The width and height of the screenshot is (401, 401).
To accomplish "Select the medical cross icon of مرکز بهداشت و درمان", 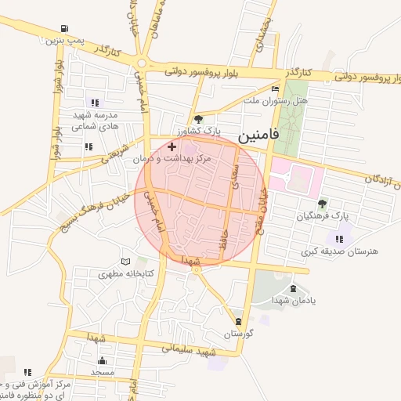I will [x=172, y=146].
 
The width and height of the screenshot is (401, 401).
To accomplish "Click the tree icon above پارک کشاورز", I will [x=198, y=119].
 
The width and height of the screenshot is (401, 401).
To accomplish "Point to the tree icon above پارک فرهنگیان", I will [x=322, y=204].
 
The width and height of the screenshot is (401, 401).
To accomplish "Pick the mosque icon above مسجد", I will [x=103, y=360].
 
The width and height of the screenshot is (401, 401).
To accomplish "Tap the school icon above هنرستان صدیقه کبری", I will [x=338, y=239].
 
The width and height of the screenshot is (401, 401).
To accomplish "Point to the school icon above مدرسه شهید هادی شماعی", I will [x=95, y=102].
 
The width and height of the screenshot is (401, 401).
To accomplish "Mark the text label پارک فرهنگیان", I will [x=322, y=215].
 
